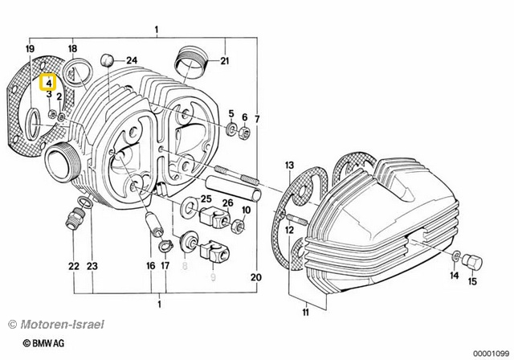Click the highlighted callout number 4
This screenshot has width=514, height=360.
point(47,82)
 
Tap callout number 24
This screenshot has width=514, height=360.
point(132,60)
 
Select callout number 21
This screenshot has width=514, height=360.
point(225,61)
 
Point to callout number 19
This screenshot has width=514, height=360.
point(31,50)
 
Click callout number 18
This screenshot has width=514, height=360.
point(72,50)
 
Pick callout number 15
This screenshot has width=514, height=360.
point(471,281)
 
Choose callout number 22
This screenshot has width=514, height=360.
point(73,266)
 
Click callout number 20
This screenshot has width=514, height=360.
point(257,277)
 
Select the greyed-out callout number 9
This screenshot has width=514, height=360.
point(213,277)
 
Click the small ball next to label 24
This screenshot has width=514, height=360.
point(108,60)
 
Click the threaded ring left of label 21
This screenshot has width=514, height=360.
point(190,59)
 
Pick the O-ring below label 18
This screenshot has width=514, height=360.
point(77,76)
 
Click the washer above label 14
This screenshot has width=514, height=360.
point(455,256)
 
